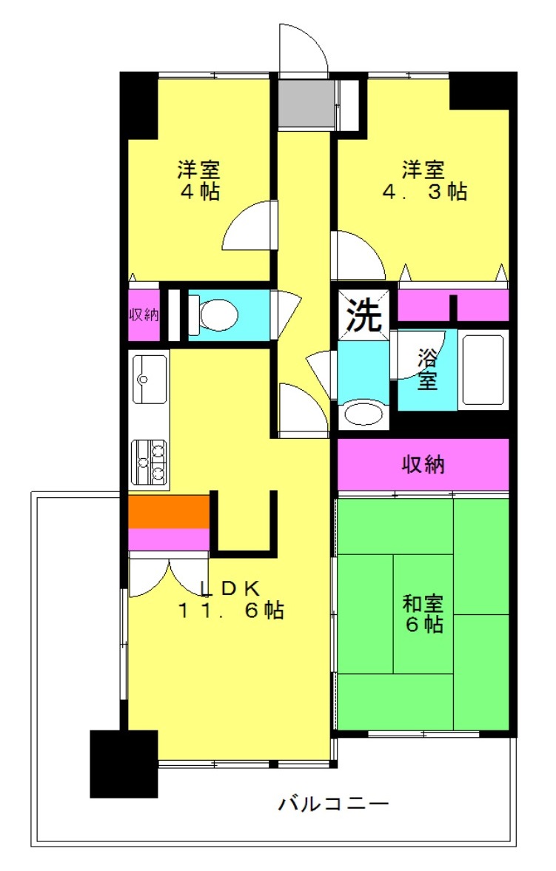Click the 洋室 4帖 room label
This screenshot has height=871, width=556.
pos(198,180)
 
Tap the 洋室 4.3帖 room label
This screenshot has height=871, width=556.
pos(423,180)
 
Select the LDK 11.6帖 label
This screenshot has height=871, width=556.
pos(230,599)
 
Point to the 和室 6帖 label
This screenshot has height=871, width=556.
pos(423,613)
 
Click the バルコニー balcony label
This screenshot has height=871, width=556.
pos(333,803)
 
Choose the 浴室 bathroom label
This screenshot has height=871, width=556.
pos(427,369)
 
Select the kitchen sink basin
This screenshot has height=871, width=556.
pos(149,380)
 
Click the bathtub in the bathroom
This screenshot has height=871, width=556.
pos(483,369)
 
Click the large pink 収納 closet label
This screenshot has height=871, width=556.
pos(423,465)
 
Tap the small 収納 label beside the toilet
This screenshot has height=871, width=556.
pos(144,315)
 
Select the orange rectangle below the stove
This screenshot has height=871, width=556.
pos(169,512)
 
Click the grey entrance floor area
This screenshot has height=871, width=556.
pos(307,104)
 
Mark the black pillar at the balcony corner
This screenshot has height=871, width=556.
pos(124,764)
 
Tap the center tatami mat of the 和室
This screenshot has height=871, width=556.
pos(423,613)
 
